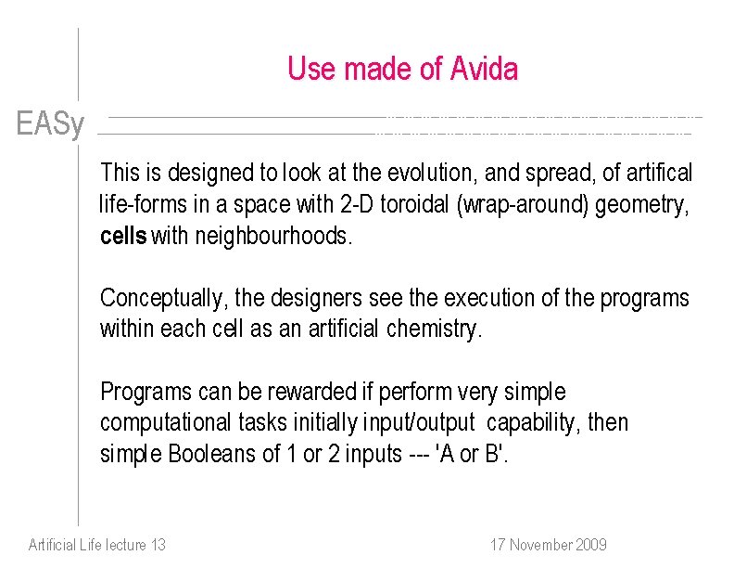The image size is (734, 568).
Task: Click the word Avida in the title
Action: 484,70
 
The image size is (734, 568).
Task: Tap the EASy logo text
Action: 50,123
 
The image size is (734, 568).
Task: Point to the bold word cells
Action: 122,237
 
